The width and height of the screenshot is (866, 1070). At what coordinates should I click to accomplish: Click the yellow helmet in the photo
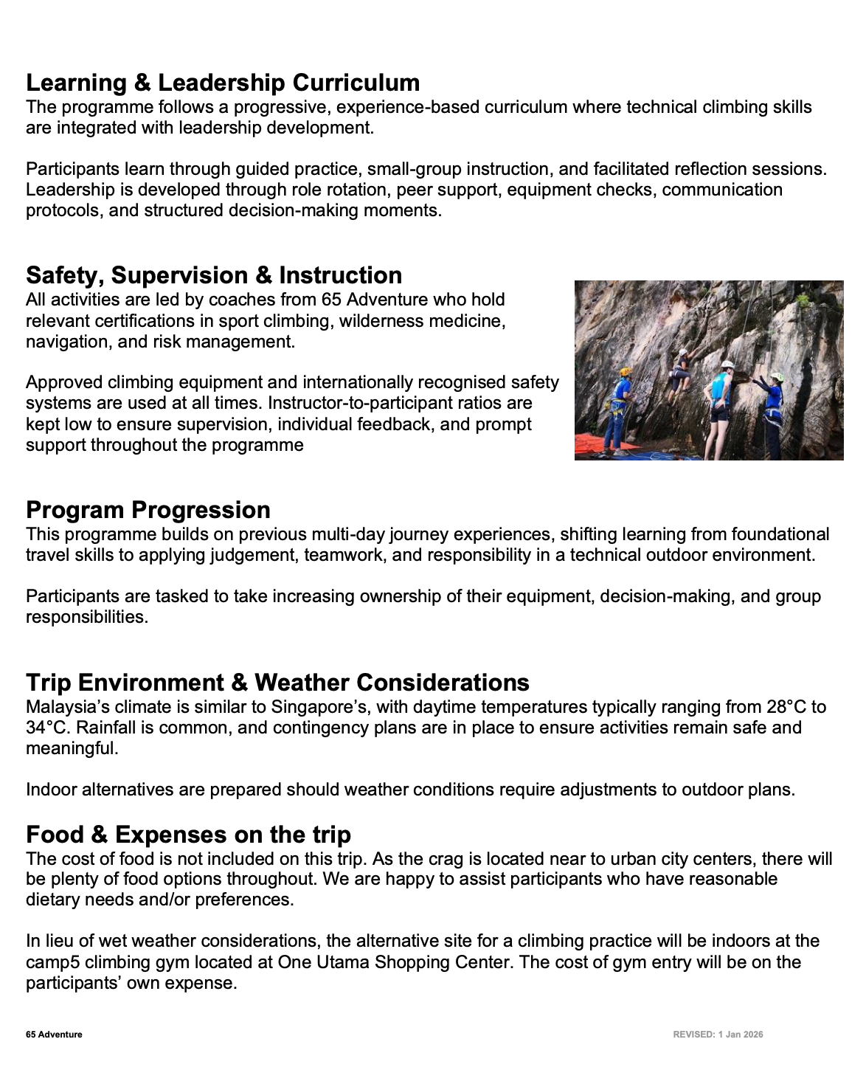(626, 372)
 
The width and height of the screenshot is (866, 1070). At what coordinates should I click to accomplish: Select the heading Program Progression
(148, 510)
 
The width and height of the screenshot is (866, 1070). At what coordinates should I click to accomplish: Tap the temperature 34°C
(46, 728)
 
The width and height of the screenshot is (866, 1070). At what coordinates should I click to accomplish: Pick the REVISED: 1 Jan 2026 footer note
(718, 1035)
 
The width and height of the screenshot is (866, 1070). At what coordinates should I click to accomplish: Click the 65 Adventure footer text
(54, 1035)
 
